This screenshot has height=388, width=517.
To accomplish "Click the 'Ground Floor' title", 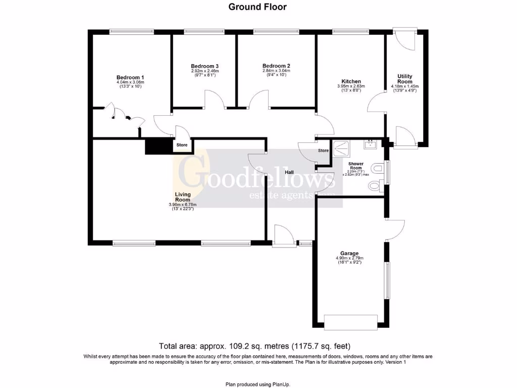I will point(257,7).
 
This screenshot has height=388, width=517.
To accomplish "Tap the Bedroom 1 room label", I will point(130,77).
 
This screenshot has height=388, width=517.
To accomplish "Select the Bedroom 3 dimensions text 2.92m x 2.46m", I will point(204,71).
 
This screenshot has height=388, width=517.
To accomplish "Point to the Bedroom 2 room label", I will point(276,66).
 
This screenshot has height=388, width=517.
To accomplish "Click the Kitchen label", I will point(351,81).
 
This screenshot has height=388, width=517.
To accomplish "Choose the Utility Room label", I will point(404,78).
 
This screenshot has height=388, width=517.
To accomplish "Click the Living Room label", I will point(182,197).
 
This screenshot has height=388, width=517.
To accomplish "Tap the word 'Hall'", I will point(289,172).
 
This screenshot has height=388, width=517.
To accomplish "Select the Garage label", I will point(349,253).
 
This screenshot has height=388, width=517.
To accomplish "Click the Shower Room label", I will point(356,166).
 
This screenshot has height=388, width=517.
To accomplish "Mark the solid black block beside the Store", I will point(158,145).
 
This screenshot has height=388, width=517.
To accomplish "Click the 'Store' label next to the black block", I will point(182,145).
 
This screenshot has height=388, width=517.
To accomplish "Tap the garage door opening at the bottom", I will point(350,322).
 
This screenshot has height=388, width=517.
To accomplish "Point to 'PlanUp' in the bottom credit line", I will point(280,384).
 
